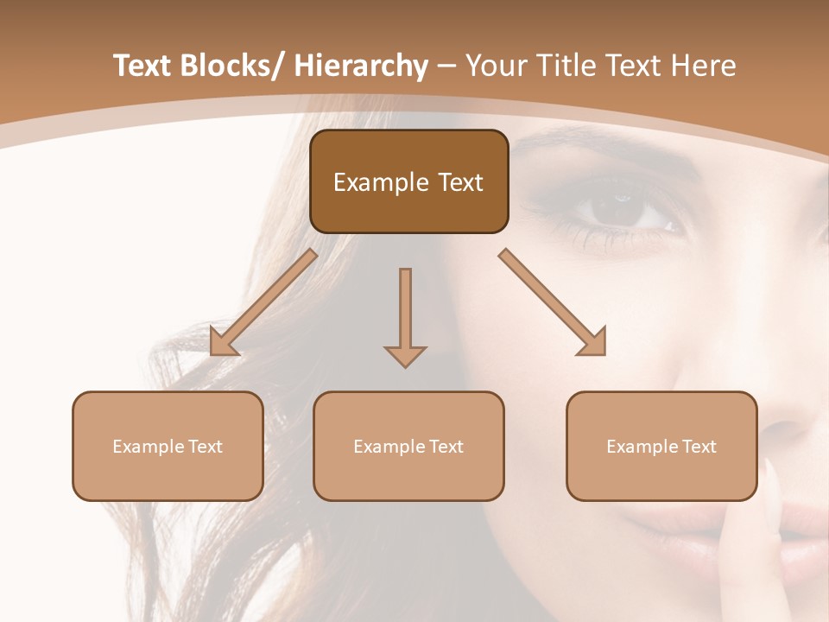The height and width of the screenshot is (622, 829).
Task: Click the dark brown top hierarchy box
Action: [408, 181]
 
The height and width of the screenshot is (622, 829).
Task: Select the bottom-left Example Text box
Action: [168, 446]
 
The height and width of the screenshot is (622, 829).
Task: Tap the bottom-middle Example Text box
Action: [408, 446]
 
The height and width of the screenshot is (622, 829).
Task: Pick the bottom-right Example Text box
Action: [661, 446]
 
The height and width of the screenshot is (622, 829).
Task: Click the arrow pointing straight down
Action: [405, 316]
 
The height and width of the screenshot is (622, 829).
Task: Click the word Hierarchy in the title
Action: [361, 66]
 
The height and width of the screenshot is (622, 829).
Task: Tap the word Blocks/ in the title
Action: [232, 66]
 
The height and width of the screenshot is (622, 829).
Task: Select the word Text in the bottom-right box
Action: [699, 446]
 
